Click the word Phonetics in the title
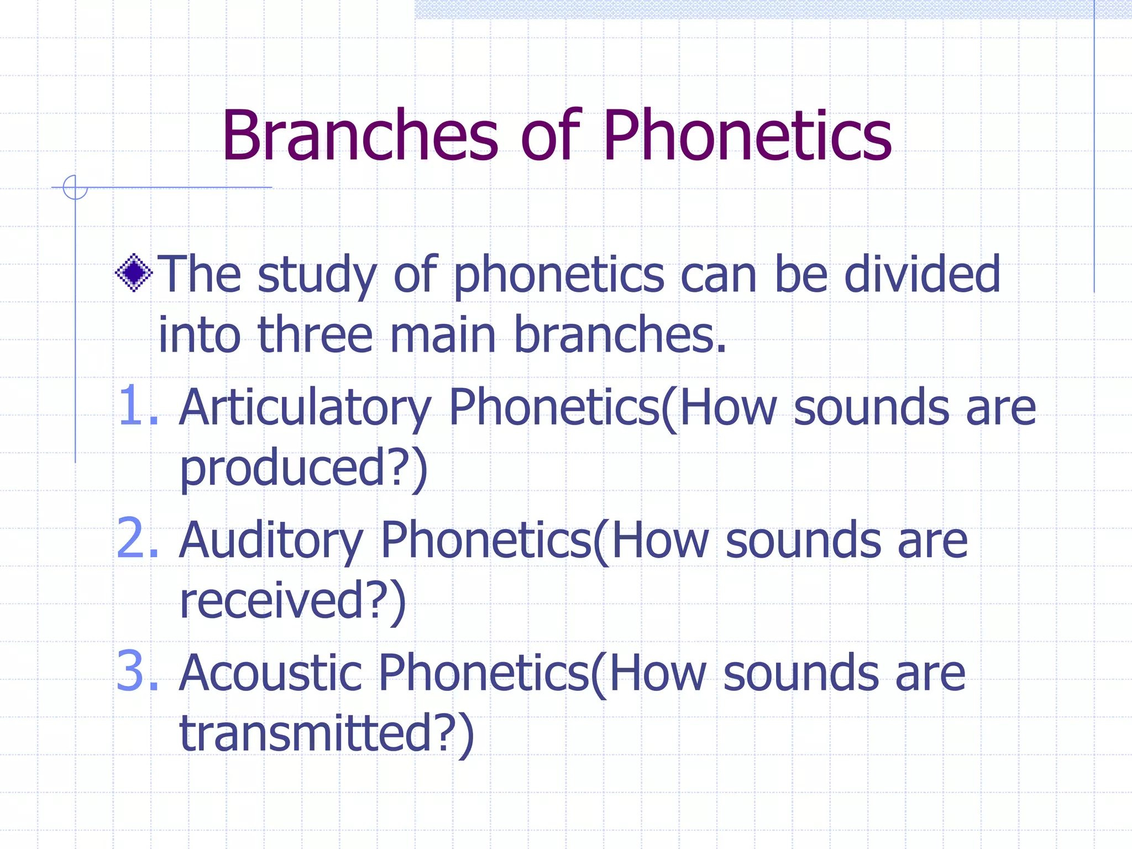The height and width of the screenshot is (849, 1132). pyautogui.click(x=747, y=136)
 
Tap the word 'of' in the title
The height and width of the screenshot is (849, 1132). pyautogui.click(x=551, y=136)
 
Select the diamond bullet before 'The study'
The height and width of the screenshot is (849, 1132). pyautogui.click(x=134, y=272)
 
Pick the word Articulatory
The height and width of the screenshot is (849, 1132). pyautogui.click(x=305, y=409)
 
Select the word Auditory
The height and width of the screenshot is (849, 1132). pyautogui.click(x=271, y=542)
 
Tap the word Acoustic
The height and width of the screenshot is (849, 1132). pyautogui.click(x=271, y=673)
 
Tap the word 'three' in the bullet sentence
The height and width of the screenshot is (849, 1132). pyautogui.click(x=315, y=335)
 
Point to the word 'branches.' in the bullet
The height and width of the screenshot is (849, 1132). pyautogui.click(x=620, y=335)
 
